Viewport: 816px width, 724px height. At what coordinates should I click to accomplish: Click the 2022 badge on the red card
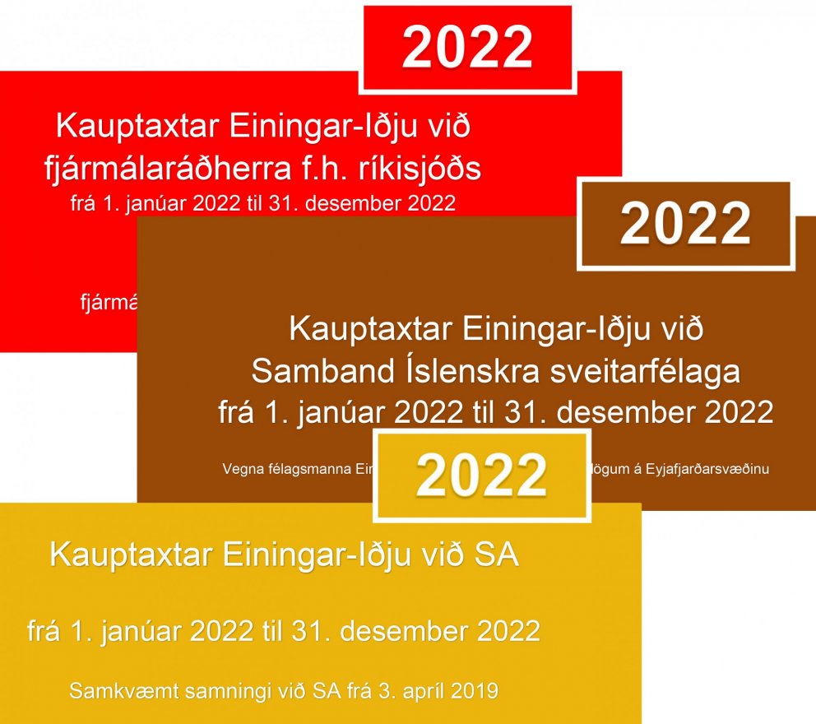pyautogui.click(x=467, y=48)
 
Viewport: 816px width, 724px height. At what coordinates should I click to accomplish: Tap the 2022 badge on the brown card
pyautogui.click(x=685, y=224)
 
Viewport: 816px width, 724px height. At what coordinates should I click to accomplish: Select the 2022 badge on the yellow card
pyautogui.click(x=481, y=476)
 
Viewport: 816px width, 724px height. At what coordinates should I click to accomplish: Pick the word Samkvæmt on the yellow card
pyautogui.click(x=118, y=690)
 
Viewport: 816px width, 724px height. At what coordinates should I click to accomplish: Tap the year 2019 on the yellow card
pyautogui.click(x=476, y=690)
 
